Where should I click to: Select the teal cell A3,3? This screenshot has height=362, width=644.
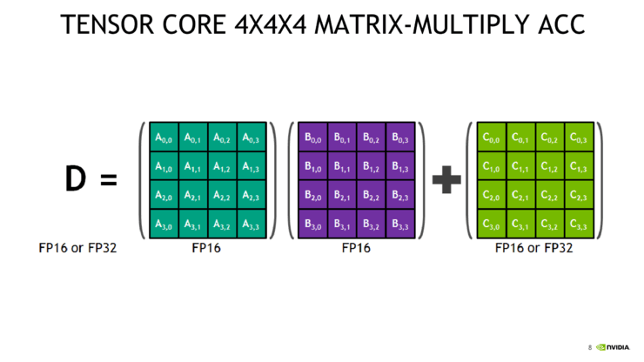click(x=251, y=225)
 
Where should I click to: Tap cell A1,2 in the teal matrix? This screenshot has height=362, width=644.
click(x=222, y=166)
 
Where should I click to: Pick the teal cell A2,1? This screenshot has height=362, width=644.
click(x=193, y=196)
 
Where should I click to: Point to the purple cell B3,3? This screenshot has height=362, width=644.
click(x=400, y=225)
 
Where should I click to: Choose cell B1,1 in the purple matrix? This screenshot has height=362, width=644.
click(x=343, y=166)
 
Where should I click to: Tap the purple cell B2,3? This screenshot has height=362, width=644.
click(x=400, y=196)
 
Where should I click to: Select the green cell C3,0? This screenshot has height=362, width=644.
click(x=493, y=225)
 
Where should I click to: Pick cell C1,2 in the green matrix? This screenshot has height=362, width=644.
click(x=550, y=166)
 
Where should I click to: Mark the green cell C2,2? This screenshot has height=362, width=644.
click(x=550, y=196)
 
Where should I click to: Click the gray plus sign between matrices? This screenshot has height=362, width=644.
click(x=446, y=181)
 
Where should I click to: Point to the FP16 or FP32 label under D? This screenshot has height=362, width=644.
click(x=78, y=248)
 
